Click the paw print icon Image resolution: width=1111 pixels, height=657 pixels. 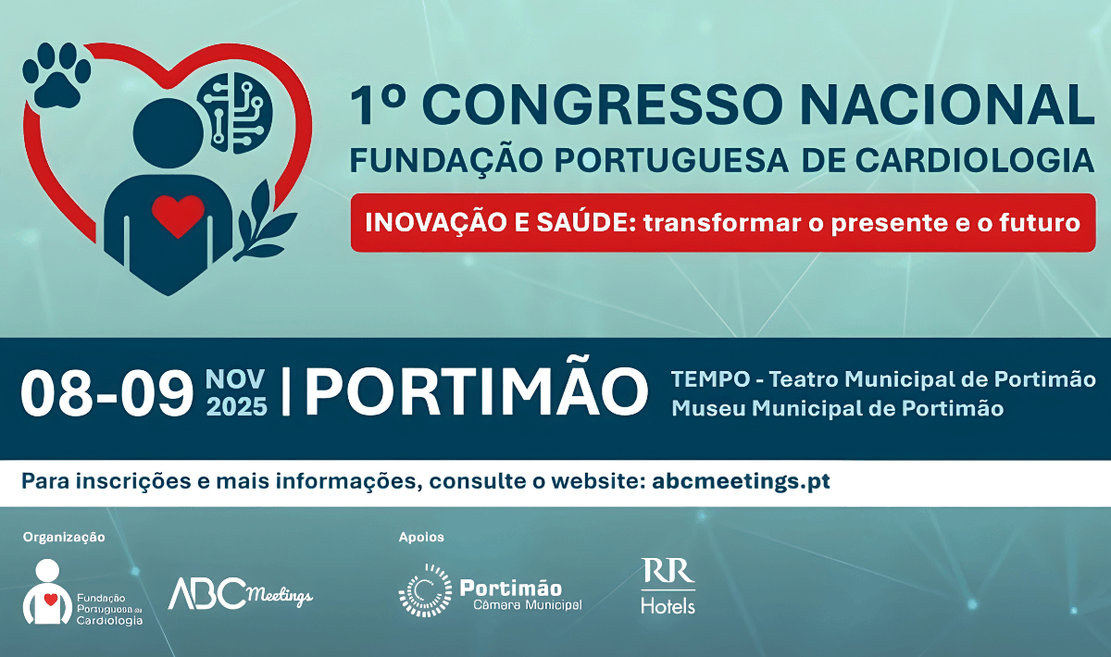(x=57, y=75)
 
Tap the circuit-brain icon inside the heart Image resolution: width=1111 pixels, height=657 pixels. (x=235, y=113)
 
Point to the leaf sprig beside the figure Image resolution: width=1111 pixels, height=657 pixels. (x=263, y=220)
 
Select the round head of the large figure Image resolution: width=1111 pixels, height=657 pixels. (x=169, y=134)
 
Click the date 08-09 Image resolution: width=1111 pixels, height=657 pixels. (x=106, y=392)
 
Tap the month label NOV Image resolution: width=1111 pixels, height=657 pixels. (x=235, y=379)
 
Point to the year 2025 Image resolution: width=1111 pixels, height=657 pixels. (x=237, y=407)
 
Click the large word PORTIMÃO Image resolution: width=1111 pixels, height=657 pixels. (x=476, y=387)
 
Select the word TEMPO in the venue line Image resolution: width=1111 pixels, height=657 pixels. (x=710, y=379)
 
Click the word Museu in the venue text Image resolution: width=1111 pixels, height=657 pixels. (x=708, y=409)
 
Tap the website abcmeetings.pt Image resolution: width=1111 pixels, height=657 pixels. (x=741, y=481)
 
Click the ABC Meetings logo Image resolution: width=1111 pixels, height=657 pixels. (x=241, y=593)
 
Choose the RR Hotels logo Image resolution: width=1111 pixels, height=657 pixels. (x=668, y=586)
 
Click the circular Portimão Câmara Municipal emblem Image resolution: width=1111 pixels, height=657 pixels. (x=426, y=590)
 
